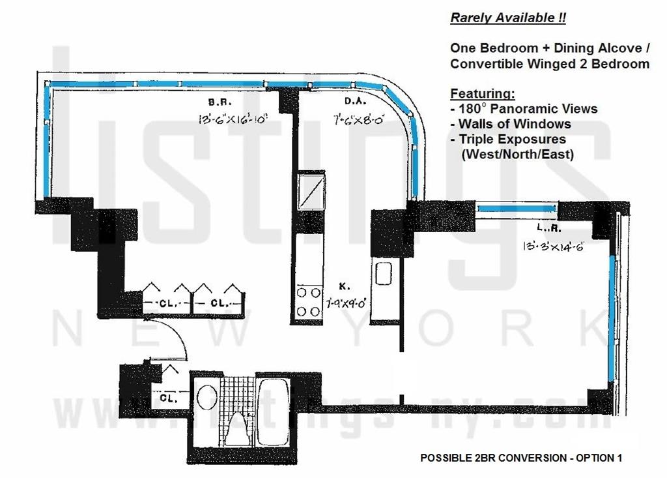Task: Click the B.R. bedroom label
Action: pyautogui.click(x=217, y=102)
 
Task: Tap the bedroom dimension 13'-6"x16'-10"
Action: pyautogui.click(x=233, y=119)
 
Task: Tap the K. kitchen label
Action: pyautogui.click(x=345, y=286)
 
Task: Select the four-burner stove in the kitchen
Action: pyautogui.click(x=309, y=302)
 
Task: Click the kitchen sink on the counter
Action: pyautogui.click(x=382, y=271)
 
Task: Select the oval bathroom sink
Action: pyautogui.click(x=206, y=397)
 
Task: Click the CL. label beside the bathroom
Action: pyautogui.click(x=167, y=397)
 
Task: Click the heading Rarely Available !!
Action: pyautogui.click(x=508, y=18)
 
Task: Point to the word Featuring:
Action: pyautogui.click(x=482, y=93)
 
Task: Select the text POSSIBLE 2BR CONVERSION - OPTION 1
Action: pyautogui.click(x=521, y=458)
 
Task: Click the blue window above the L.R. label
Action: pyautogui.click(x=516, y=209)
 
